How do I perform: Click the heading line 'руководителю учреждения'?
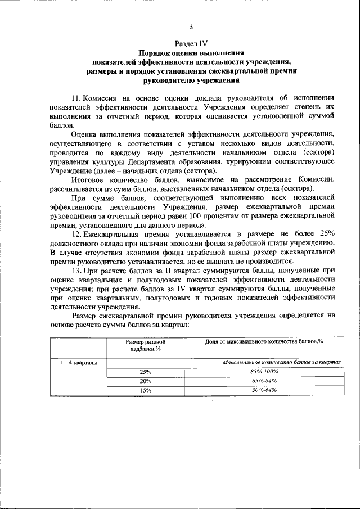click(191, 80)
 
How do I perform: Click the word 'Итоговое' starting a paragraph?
click(90, 179)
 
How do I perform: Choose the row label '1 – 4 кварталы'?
click(79, 363)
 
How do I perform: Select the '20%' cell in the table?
click(146, 381)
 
